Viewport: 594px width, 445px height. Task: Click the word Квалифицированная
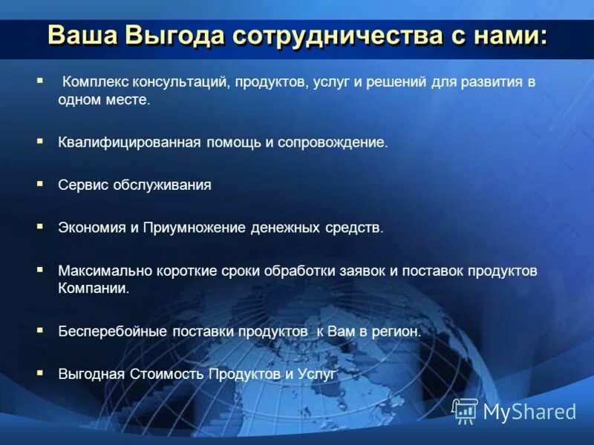tap(130, 142)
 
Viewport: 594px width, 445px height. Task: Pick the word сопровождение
tap(332, 142)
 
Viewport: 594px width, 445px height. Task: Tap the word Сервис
tap(83, 185)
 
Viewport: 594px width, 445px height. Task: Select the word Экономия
tap(92, 228)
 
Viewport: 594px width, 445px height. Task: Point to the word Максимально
tap(100, 271)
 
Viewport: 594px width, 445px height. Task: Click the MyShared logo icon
tap(465, 410)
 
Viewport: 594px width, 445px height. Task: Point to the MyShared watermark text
tap(529, 412)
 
